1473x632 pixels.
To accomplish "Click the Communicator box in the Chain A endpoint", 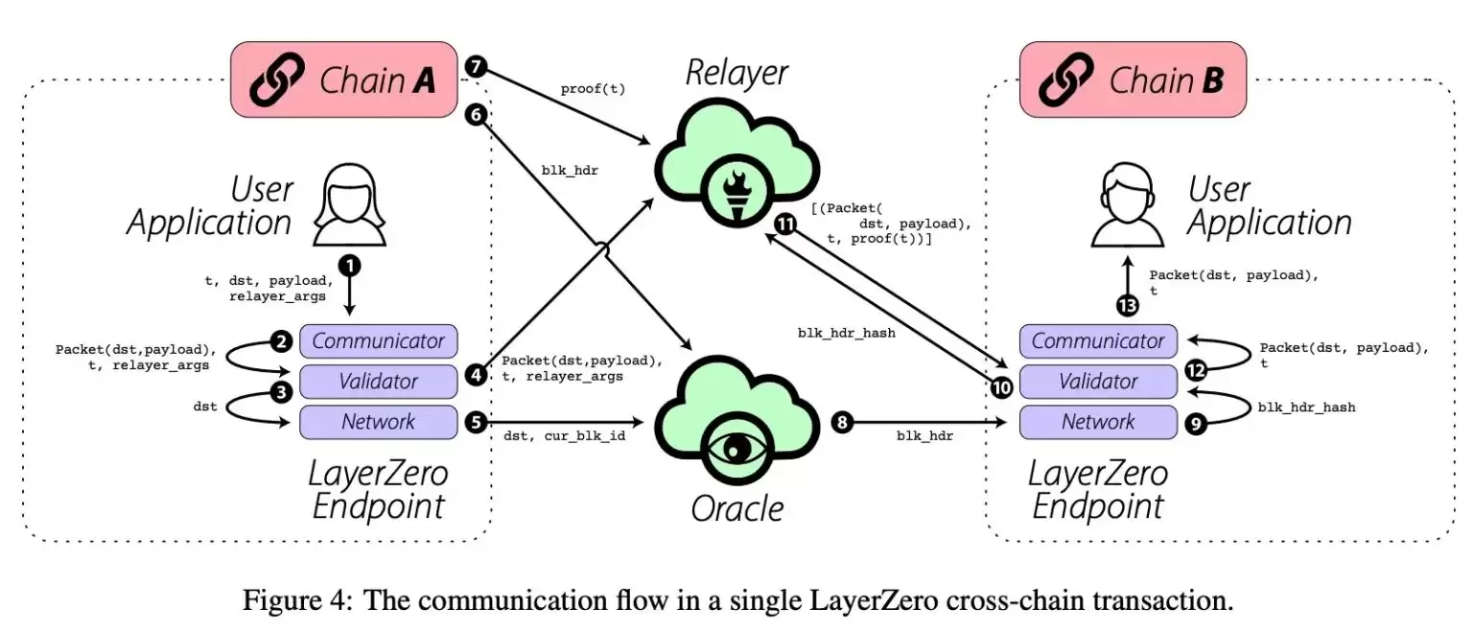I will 378,340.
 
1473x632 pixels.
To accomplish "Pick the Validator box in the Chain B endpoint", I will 1098,382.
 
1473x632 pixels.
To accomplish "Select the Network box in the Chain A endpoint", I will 378,421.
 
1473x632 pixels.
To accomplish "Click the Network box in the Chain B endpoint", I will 1098,421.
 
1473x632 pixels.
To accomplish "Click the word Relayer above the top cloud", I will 736,73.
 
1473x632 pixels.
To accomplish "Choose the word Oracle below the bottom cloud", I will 736,508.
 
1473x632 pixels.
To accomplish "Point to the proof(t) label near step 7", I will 592,89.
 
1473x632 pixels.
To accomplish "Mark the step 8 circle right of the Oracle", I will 842,421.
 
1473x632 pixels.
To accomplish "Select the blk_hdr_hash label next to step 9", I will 1306,407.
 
